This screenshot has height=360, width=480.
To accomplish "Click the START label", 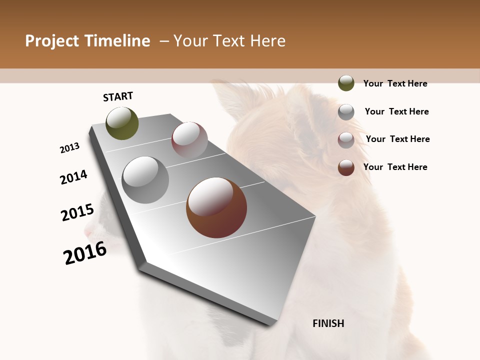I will tap(118, 96).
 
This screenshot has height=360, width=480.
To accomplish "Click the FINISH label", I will tap(328, 323).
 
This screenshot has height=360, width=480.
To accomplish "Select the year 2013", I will tap(70, 148).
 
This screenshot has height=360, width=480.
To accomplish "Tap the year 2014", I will tap(74, 177).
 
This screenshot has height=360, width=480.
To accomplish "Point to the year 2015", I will tap(77, 212).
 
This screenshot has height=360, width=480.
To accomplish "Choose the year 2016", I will tap(85, 253).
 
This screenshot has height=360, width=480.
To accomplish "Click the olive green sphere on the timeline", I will tap(122, 123).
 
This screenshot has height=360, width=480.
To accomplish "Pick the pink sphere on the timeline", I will tap(189, 139).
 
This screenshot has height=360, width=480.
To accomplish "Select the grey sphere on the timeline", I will tap(145, 180).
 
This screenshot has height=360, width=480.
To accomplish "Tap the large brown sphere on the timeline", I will tap(216, 207).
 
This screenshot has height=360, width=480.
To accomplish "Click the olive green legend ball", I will tap(346, 83).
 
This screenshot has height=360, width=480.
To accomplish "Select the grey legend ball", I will tap(346, 112).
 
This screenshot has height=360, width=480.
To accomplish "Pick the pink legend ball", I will tap(346, 140).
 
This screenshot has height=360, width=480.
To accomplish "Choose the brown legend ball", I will tap(346, 167).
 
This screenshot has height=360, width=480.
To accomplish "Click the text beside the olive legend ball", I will tap(395, 83).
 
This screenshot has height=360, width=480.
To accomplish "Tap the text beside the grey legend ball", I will tap(396, 111).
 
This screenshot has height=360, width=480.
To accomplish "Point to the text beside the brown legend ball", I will tap(395, 167).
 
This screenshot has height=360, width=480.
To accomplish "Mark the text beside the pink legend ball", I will tap(397, 139).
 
